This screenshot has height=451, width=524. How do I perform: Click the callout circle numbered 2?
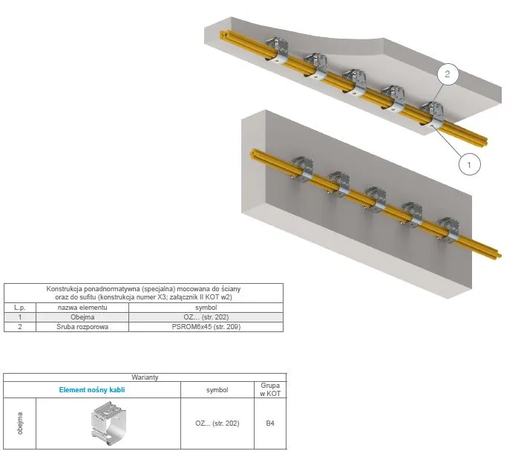tap(447, 74)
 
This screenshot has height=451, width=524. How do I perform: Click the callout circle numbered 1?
tap(469, 164)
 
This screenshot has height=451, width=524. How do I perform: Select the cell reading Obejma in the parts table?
tap(82, 317)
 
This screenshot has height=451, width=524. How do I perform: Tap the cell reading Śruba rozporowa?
tap(82, 327)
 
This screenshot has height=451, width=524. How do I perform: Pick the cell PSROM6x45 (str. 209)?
tap(206, 327)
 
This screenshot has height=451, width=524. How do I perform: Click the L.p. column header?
tap(20, 308)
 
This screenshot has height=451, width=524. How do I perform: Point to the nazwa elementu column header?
tap(82, 308)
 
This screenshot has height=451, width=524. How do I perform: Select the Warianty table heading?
tap(145, 377)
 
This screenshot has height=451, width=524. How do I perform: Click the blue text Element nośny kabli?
tap(92, 390)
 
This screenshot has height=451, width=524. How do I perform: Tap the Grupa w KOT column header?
tap(270, 390)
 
